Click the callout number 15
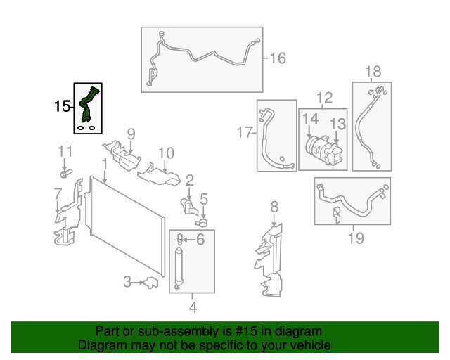tap(63, 107)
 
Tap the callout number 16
tap(278, 58)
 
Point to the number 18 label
tap(373, 71)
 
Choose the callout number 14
tap(310, 120)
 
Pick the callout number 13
tap(338, 124)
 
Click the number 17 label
tap(243, 132)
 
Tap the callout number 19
tap(356, 238)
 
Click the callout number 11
tap(65, 151)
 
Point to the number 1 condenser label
tap(103, 163)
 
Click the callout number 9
tap(131, 134)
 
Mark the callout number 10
tap(165, 153)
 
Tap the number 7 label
tap(58, 193)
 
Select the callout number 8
tap(274, 206)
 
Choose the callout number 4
tap(192, 307)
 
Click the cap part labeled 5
tap(202, 222)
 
